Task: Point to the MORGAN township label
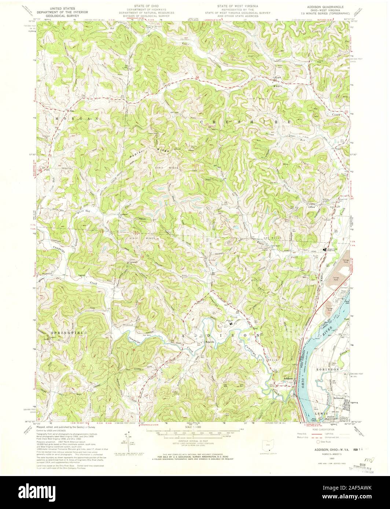77,119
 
